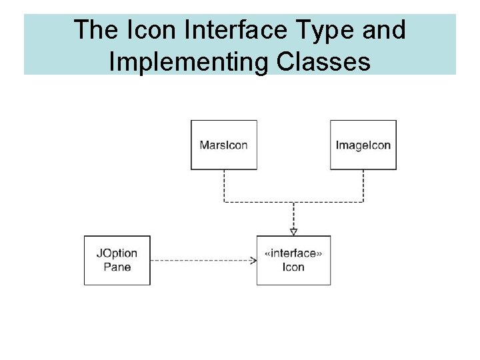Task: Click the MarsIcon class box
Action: (x=223, y=145)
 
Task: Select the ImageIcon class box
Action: (x=363, y=145)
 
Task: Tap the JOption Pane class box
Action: (x=117, y=260)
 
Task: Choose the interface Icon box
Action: (x=293, y=260)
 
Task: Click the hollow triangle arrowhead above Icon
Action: (x=293, y=231)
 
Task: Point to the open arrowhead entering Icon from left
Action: (x=253, y=260)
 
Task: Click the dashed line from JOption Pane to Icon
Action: (x=200, y=260)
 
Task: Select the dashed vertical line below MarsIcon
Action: (x=224, y=185)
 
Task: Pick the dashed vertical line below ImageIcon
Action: (x=363, y=185)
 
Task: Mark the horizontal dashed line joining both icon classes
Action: (x=293, y=201)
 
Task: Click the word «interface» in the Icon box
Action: (x=293, y=253)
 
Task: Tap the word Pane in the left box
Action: (x=117, y=267)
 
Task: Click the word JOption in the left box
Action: (x=117, y=253)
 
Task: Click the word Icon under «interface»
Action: (x=293, y=267)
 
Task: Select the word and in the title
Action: (x=383, y=30)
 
